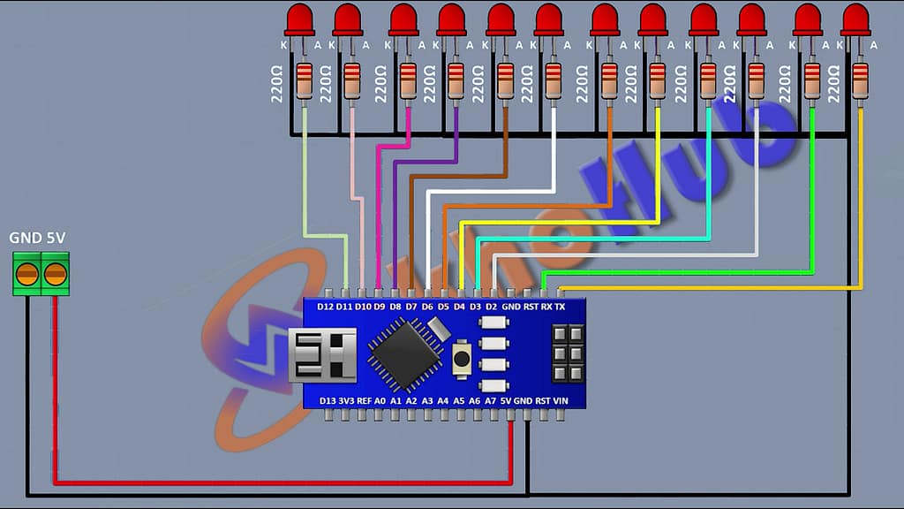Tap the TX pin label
click(x=560, y=307)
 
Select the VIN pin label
click(x=560, y=400)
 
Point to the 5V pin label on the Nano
click(x=506, y=400)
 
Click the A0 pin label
click(x=380, y=400)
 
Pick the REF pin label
click(x=363, y=400)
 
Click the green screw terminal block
click(x=41, y=273)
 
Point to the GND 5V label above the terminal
click(x=37, y=239)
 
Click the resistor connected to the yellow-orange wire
click(x=861, y=80)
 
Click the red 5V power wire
click(x=265, y=482)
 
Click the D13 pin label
click(x=327, y=400)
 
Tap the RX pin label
click(x=546, y=307)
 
